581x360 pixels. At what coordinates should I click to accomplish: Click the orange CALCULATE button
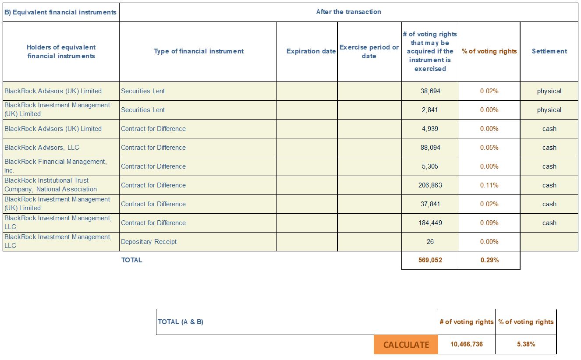click(406, 344)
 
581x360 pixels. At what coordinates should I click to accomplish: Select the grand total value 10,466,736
click(467, 344)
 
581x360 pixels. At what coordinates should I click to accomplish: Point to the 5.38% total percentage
click(526, 344)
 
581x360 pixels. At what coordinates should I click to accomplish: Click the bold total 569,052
click(430, 260)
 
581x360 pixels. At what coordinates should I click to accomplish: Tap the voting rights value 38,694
click(430, 91)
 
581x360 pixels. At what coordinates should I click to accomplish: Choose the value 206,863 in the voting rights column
click(430, 185)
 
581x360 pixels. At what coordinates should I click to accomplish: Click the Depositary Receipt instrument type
click(149, 242)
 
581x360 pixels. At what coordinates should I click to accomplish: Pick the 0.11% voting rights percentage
click(489, 185)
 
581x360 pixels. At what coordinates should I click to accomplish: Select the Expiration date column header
click(311, 51)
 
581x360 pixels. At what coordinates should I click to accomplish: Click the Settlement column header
click(549, 51)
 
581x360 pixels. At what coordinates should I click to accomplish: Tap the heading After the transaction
click(349, 12)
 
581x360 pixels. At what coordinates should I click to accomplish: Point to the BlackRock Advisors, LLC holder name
click(42, 148)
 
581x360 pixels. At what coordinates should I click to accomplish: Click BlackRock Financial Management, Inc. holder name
click(56, 166)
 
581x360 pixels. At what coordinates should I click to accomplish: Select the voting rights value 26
click(430, 242)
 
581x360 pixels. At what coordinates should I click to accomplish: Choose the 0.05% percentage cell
click(489, 148)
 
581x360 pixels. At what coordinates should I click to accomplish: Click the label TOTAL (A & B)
click(181, 322)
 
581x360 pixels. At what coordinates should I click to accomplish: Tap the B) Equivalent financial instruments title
click(60, 12)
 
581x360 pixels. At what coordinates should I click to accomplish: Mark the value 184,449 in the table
click(430, 222)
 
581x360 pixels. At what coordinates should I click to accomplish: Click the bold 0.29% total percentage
click(489, 260)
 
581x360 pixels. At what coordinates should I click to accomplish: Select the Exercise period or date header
click(369, 52)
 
